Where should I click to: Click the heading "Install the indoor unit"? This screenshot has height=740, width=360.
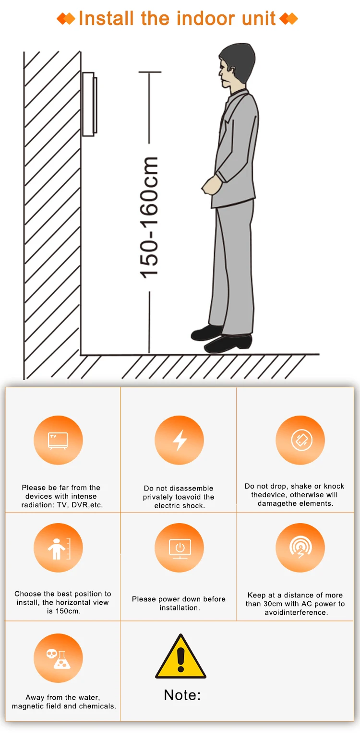tap(177, 19)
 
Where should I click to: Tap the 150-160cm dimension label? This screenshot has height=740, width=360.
tap(149, 218)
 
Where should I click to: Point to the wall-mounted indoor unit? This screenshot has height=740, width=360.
tap(89, 104)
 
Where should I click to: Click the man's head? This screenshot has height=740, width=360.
tap(236, 66)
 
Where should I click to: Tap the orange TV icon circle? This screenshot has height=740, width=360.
tap(58, 440)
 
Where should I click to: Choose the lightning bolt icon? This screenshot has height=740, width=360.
tap(180, 440)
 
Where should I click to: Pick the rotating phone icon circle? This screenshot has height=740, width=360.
tap(300, 440)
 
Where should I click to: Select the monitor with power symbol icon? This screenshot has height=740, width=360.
tap(180, 548)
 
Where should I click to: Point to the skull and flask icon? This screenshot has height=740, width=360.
tap(58, 658)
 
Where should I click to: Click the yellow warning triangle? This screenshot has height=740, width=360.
tap(180, 657)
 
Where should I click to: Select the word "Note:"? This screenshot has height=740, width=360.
tap(182, 695)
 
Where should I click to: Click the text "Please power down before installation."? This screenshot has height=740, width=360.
tap(179, 603)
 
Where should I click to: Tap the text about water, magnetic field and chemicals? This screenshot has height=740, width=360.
tap(64, 702)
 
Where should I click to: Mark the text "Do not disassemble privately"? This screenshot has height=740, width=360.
tap(179, 492)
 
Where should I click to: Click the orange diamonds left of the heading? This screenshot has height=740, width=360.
tap(66, 19)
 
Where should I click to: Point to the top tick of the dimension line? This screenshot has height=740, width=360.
tap(150, 72)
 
